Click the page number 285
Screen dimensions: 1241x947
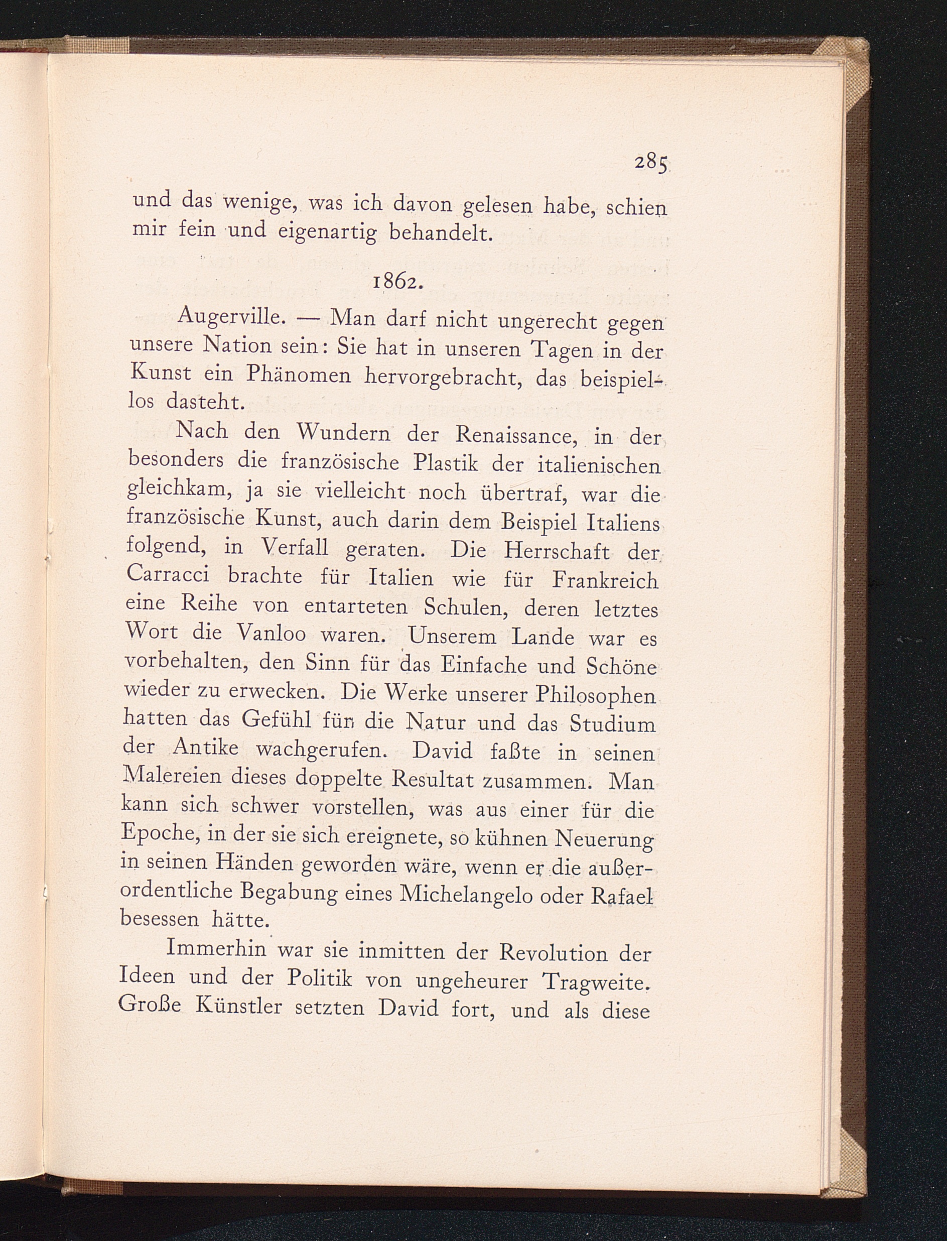651,164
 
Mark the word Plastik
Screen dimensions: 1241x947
445,463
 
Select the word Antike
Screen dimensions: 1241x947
206,748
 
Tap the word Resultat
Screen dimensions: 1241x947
433,779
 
